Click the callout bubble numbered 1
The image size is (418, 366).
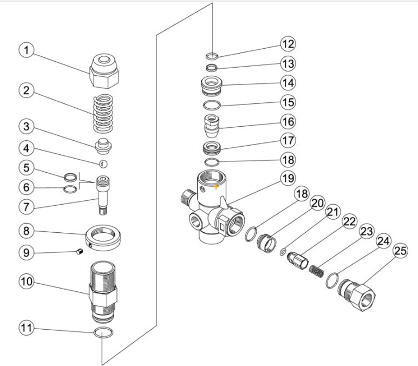click(x=27, y=51)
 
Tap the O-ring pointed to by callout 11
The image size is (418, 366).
click(x=103, y=332)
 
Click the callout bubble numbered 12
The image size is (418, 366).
click(x=288, y=43)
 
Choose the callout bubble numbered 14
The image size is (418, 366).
click(x=288, y=83)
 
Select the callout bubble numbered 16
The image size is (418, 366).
click(x=288, y=121)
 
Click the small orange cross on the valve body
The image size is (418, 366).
click(x=216, y=186)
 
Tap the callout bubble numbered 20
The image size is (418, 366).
click(x=317, y=203)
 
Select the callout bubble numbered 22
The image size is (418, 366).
click(x=350, y=221)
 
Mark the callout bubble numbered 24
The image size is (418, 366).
click(x=383, y=240)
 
